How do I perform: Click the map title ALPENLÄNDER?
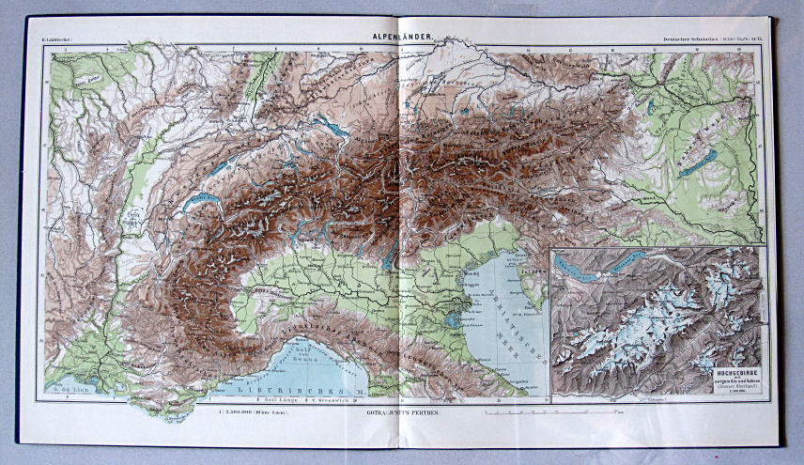tap(401, 37)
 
